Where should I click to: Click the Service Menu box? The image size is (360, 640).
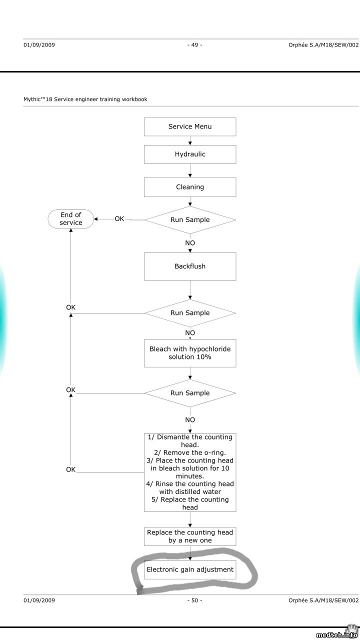tap(190, 126)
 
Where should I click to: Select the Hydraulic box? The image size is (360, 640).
tap(190, 154)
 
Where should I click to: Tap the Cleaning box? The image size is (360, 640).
tap(190, 187)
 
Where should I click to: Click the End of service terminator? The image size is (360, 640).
tap(71, 219)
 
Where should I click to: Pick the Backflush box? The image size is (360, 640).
tap(190, 266)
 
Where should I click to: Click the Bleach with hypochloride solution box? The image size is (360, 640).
tap(190, 353)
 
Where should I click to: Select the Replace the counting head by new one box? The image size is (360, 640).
tap(190, 536)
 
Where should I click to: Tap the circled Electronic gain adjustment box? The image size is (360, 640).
tap(190, 569)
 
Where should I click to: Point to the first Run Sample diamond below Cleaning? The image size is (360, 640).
tap(190, 220)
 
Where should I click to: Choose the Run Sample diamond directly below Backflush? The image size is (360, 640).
tap(190, 313)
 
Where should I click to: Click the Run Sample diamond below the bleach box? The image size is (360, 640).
tap(190, 393)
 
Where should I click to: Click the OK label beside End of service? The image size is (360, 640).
tap(119, 219)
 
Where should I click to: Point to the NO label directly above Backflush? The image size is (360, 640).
tap(190, 243)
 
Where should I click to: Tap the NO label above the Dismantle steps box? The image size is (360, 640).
tap(190, 420)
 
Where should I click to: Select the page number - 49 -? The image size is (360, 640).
tap(194, 45)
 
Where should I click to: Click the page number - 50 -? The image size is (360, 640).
tap(194, 600)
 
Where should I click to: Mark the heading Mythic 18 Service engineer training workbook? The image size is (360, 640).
tap(85, 99)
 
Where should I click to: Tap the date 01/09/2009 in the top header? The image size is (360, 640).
tap(39, 45)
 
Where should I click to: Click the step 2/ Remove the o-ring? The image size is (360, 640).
tap(190, 452)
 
